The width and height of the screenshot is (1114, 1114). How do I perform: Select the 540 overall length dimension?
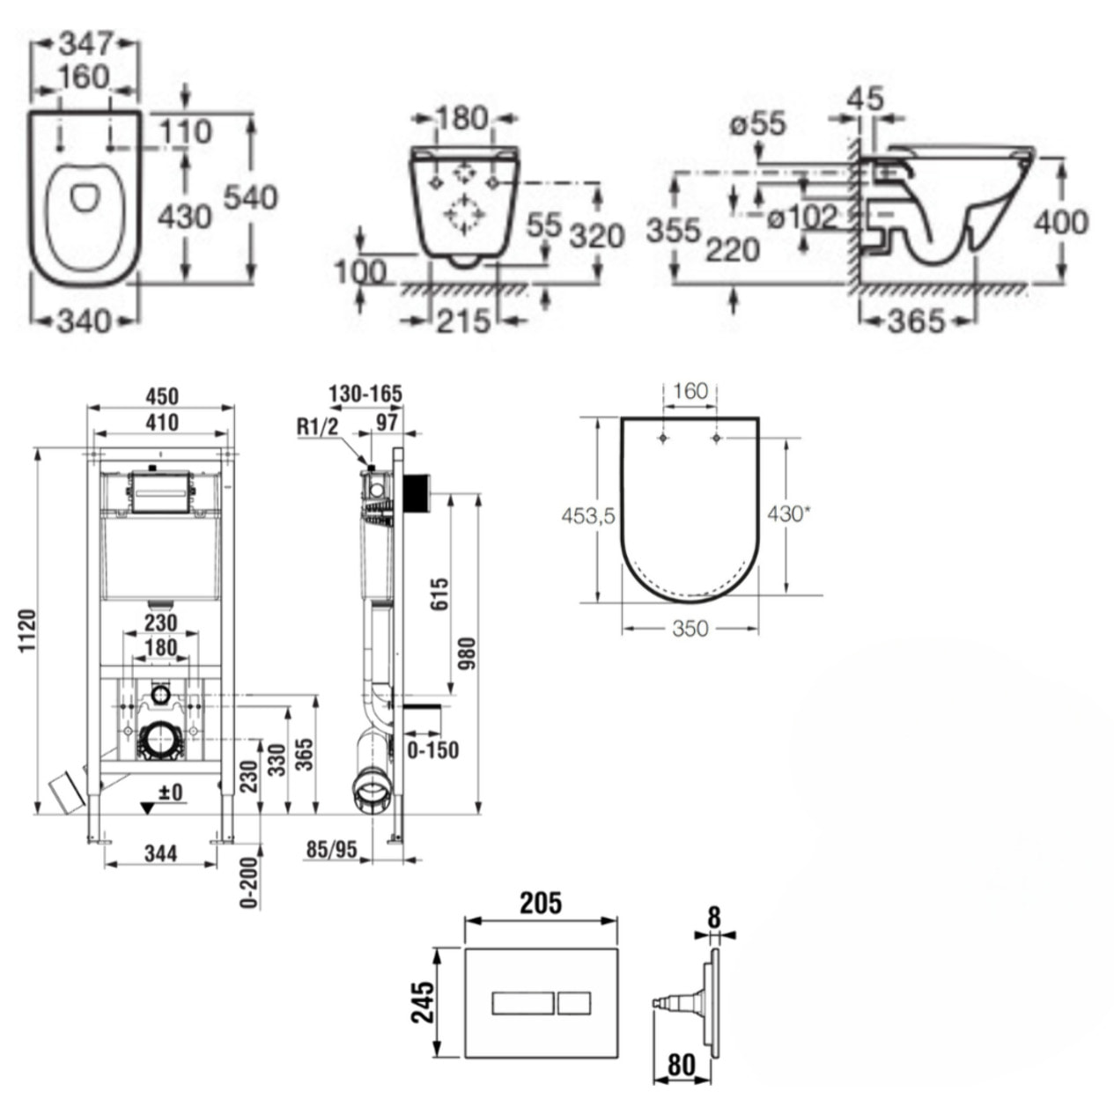point(250,198)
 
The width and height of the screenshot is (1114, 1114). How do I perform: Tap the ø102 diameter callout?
point(800,218)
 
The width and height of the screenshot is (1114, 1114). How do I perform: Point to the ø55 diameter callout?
point(756,124)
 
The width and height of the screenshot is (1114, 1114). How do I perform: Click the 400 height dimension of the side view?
point(1061,222)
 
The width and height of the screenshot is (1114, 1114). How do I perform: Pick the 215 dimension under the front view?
point(463,321)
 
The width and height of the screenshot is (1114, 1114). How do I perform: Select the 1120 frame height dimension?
point(26,631)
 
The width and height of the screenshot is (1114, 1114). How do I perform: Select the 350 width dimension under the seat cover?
point(690,629)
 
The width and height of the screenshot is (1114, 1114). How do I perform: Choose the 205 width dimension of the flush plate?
point(540,903)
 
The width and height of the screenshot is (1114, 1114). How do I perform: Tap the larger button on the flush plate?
point(521,1002)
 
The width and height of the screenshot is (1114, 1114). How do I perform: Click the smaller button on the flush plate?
point(573,1002)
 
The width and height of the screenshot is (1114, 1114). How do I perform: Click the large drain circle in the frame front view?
point(160,739)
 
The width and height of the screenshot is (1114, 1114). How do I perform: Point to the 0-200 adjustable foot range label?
point(248,881)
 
